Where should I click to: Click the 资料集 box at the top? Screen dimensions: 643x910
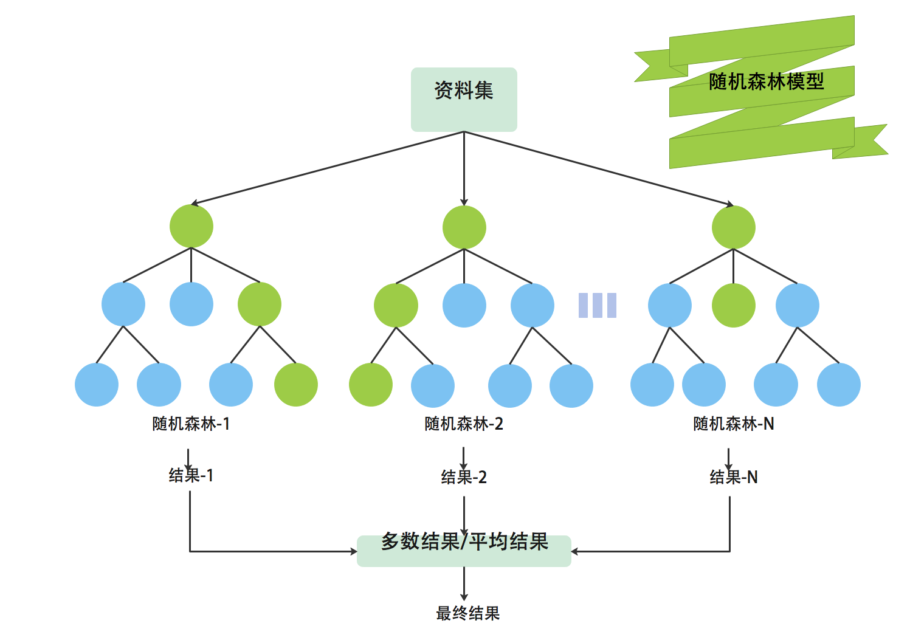(464, 99)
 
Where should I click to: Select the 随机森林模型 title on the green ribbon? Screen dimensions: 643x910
(766, 81)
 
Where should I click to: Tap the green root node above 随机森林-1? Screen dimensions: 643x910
(191, 226)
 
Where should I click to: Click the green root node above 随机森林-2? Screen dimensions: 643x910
(464, 227)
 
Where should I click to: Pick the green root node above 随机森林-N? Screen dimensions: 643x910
(733, 227)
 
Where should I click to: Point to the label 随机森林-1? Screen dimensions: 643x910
(191, 424)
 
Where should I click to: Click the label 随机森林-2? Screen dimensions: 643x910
(464, 424)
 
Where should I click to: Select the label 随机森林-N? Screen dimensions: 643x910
(734, 424)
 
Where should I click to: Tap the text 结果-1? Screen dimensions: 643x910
(191, 475)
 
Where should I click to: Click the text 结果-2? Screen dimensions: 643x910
(464, 477)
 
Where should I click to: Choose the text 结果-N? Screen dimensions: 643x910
(734, 477)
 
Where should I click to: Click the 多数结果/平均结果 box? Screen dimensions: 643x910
(464, 550)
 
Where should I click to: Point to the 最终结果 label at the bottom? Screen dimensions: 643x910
(467, 613)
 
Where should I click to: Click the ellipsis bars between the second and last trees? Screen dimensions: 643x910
(597, 305)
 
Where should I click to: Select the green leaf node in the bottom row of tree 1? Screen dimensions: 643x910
(296, 385)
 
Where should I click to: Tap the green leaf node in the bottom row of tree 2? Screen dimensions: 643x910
(371, 385)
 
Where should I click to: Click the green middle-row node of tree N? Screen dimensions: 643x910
(733, 305)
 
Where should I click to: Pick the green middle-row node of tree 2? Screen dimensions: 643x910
(396, 305)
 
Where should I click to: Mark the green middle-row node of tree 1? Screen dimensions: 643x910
(260, 304)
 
